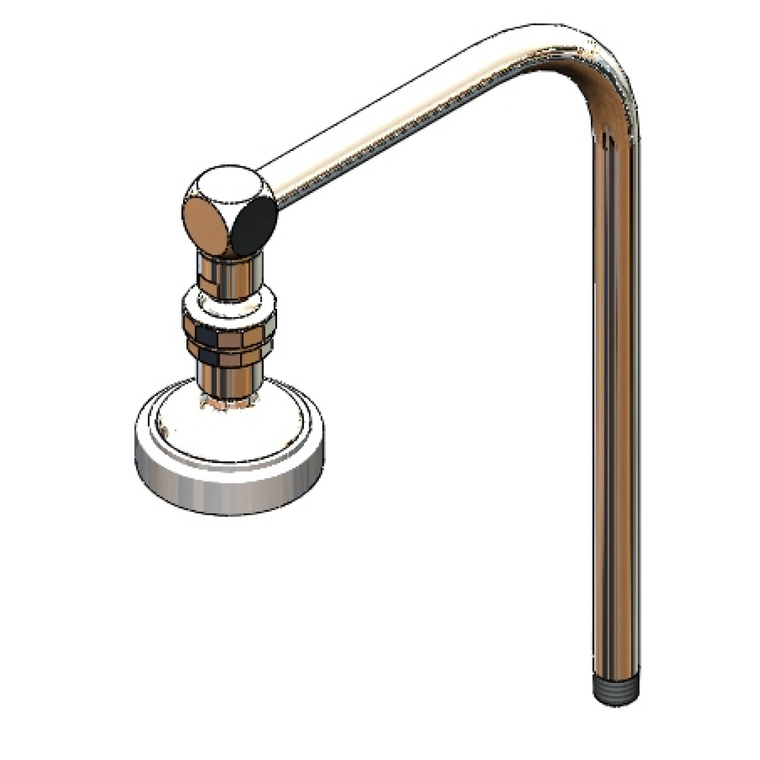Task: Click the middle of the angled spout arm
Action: pos(405,122)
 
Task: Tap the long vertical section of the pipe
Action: pos(615,405)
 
